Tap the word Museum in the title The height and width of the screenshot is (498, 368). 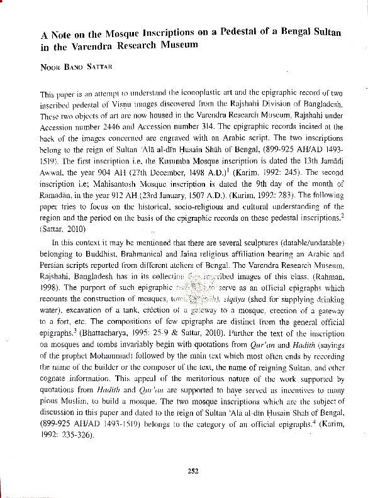178,45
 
